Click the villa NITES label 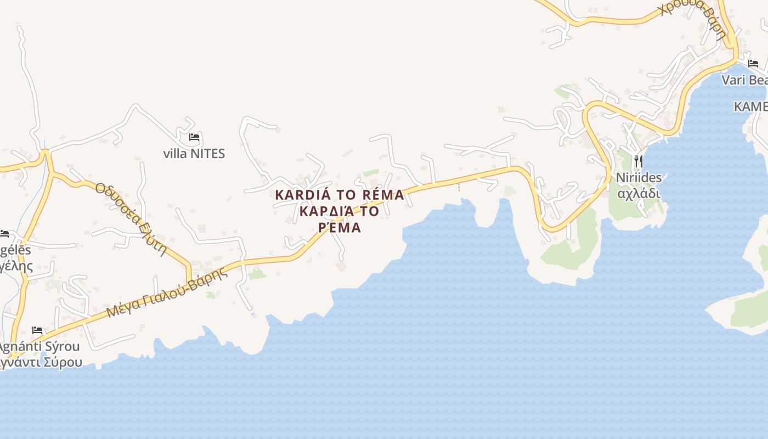click(194, 154)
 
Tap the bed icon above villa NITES click(194, 137)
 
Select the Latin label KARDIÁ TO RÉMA click(339, 195)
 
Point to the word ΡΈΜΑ click(340, 228)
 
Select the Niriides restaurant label click(639, 178)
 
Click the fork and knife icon click(638, 161)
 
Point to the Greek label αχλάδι click(639, 194)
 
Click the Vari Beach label click(744, 80)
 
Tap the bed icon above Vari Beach click(753, 64)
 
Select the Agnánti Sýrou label click(38, 347)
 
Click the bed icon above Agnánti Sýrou click(37, 330)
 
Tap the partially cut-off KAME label click(750, 106)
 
